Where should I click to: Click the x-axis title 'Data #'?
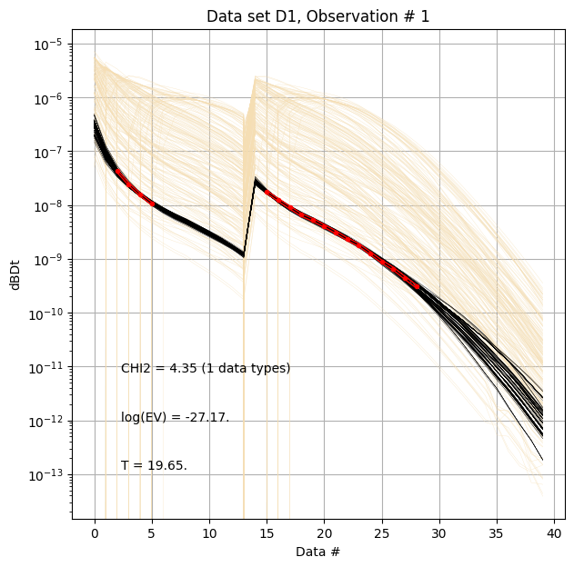317,551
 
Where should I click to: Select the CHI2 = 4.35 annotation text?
206,369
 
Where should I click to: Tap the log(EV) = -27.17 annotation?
175,418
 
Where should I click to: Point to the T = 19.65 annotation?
154,466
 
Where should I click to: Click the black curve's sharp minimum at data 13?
244,255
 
